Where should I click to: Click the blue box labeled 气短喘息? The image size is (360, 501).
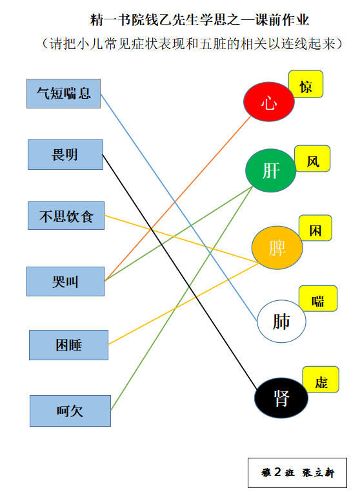(x=63, y=94)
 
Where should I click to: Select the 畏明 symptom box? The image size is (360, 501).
(x=65, y=155)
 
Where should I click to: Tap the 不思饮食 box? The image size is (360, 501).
(x=66, y=216)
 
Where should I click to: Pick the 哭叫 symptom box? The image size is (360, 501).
(x=65, y=281)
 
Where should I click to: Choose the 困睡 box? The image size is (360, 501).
(x=68, y=345)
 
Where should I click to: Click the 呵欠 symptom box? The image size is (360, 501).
(x=70, y=411)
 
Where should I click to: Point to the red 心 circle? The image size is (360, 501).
(x=269, y=102)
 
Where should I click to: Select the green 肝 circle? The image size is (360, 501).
(x=270, y=170)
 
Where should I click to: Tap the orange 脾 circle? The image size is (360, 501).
(x=277, y=248)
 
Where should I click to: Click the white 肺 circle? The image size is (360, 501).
(x=281, y=321)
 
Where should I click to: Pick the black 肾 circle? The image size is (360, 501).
(x=281, y=398)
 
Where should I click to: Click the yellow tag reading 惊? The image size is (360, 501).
(x=306, y=84)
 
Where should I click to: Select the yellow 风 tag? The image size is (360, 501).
(x=312, y=158)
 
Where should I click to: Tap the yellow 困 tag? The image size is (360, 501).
(x=315, y=228)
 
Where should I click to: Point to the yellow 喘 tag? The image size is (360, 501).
(x=318, y=298)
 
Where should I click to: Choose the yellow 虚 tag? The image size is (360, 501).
(x=321, y=379)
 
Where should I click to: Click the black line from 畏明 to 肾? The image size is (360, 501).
(x=180, y=272)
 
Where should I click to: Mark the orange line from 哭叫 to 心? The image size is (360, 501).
(x=178, y=198)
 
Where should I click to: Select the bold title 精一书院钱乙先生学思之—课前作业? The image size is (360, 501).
(x=200, y=20)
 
